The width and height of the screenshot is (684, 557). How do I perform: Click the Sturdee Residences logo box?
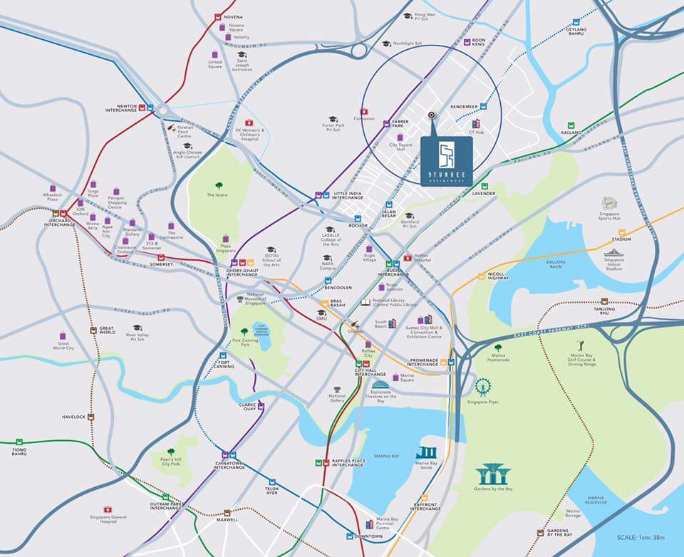[x=446, y=161]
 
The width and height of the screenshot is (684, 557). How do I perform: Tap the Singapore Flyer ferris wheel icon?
[x=484, y=387]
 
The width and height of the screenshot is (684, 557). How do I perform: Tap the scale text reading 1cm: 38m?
[x=642, y=538]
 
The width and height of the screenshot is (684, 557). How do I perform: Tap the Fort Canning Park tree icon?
[x=244, y=331]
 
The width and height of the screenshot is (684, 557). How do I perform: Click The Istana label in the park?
[x=215, y=194]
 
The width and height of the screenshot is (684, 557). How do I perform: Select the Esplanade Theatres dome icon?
[x=381, y=387]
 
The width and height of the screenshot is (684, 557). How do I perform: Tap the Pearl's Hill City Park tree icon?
[x=170, y=451]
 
